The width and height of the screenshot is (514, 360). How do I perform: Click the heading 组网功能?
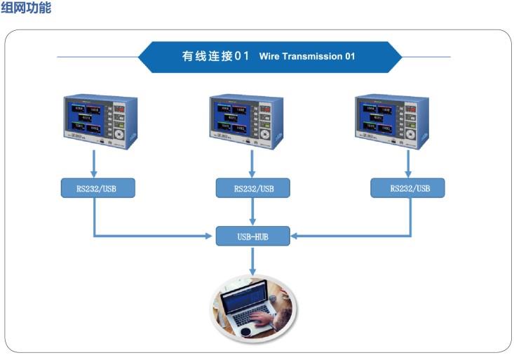click(x=26, y=9)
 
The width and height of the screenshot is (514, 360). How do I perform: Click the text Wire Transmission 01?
click(x=307, y=56)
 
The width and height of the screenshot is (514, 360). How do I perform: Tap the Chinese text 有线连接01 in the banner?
click(x=215, y=56)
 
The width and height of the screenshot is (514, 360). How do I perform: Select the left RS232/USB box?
click(x=97, y=187)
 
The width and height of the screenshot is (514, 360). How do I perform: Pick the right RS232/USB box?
click(x=407, y=187)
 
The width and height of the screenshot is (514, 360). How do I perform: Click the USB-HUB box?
click(x=252, y=236)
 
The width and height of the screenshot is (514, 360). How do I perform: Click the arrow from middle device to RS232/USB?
click(x=252, y=163)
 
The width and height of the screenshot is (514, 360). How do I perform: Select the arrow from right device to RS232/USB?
click(x=406, y=163)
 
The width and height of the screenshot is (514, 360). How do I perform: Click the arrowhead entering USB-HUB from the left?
click(x=208, y=236)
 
